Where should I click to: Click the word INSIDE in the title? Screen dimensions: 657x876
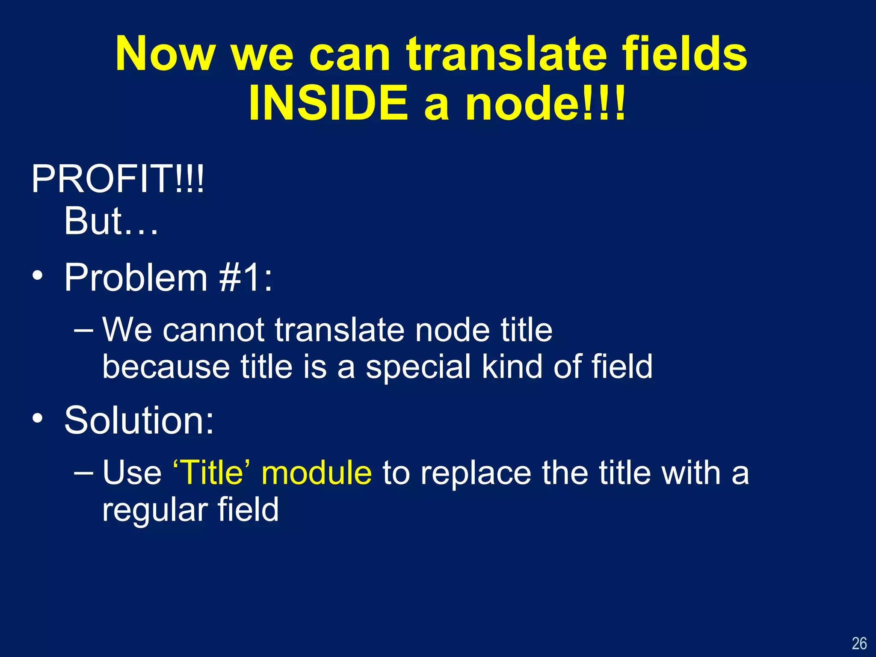[x=328, y=103]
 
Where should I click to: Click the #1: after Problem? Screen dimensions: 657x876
[x=246, y=278]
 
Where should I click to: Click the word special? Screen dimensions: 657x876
[x=417, y=367]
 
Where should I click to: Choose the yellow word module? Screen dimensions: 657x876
[x=317, y=473]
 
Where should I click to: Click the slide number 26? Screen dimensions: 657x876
[x=859, y=643]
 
